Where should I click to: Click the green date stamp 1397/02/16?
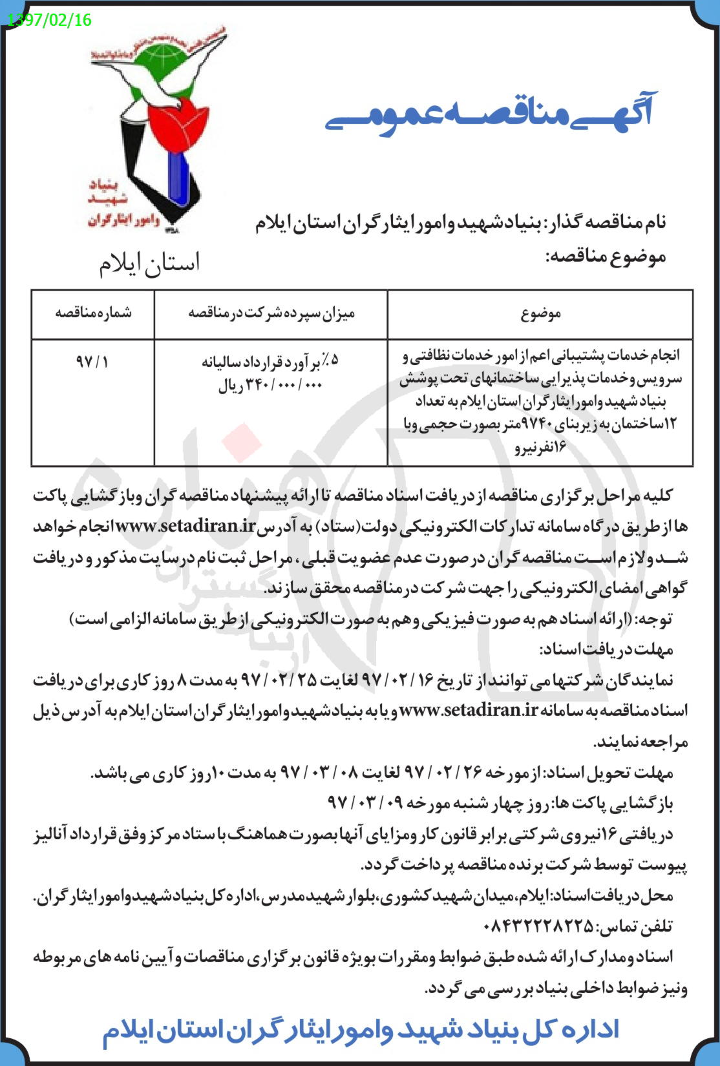pos(49,20)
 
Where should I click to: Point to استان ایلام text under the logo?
pos(150,264)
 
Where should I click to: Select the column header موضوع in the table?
pos(540,314)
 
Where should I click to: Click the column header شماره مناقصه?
pos(93,313)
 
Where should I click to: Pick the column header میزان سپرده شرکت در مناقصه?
pos(271,314)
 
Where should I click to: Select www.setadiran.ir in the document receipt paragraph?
pos(469,710)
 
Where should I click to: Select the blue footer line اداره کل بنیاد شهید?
pos(360,1030)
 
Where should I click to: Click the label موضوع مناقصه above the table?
pos(606,256)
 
